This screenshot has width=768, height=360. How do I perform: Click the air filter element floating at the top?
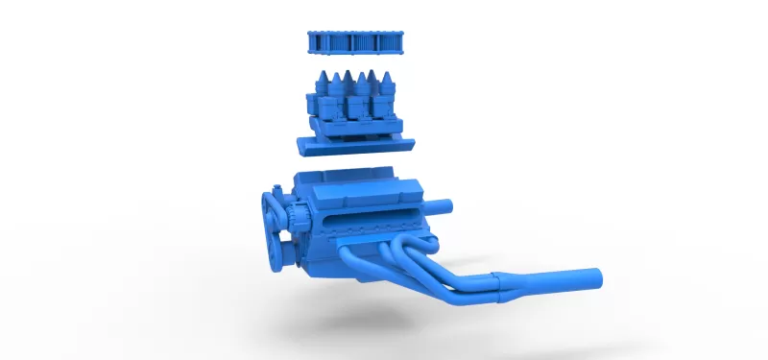355,43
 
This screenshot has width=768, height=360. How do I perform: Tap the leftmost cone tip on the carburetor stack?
322,78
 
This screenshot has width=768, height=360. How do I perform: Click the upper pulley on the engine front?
272,206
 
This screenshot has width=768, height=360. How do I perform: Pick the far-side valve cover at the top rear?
350,180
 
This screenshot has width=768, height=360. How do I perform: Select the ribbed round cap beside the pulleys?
298,216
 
